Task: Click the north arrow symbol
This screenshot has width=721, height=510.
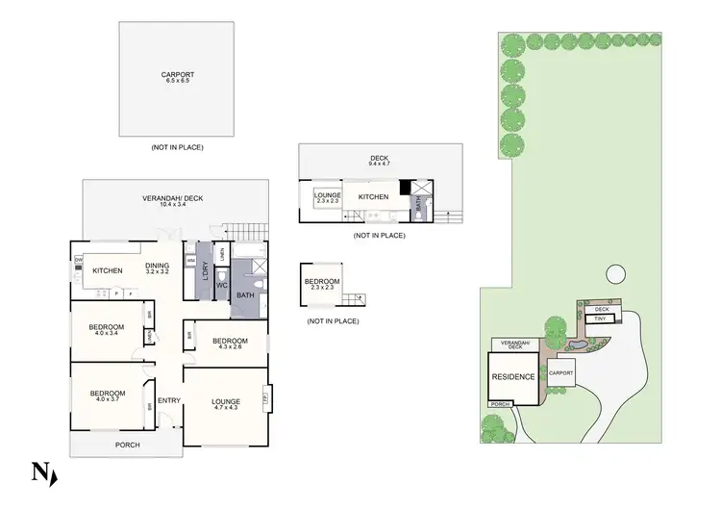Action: (x=43, y=472)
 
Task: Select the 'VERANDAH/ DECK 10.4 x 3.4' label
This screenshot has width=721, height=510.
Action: (x=172, y=201)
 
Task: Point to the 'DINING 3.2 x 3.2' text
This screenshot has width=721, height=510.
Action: (x=157, y=268)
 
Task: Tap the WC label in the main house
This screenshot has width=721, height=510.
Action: (x=220, y=286)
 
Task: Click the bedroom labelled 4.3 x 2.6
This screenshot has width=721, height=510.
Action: (x=230, y=344)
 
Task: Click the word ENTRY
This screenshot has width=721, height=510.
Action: (x=169, y=400)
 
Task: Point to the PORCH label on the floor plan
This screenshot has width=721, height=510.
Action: (x=127, y=445)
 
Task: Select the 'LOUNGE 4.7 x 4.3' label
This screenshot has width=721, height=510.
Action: (x=225, y=404)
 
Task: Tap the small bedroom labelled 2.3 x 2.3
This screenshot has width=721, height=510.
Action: (x=321, y=284)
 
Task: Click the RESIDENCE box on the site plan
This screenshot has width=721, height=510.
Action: (x=512, y=376)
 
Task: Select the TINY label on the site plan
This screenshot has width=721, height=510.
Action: (x=600, y=319)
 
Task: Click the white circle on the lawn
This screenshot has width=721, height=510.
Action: (x=614, y=274)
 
